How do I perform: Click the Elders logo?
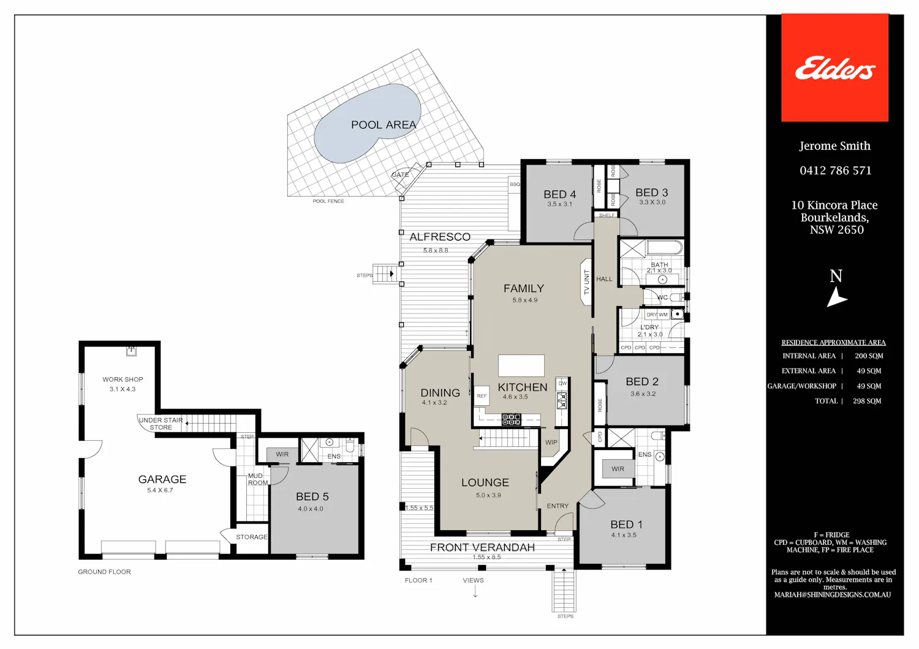835,67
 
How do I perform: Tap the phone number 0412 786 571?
835,171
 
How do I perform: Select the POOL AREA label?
384,125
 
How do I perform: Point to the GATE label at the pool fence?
400,174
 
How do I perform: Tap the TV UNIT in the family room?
586,282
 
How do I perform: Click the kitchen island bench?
521,366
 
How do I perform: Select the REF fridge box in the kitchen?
482,396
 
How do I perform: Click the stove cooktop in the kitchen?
511,419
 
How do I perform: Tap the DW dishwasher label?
562,383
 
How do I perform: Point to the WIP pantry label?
551,443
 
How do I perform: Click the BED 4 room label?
559,194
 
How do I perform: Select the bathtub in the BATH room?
665,248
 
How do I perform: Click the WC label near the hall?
662,297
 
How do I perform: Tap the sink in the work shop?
131,351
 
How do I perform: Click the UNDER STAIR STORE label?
161,424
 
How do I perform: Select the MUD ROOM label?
257,479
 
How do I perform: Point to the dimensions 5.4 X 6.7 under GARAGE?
160,490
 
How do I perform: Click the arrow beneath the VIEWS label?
475,591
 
